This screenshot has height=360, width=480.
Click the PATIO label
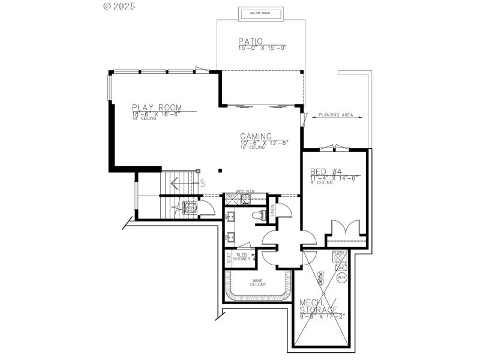click(x=250, y=41)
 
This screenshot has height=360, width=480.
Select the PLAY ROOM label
click(x=157, y=107)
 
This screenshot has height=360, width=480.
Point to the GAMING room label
click(x=256, y=136)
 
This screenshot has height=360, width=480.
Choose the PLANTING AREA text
click(x=335, y=115)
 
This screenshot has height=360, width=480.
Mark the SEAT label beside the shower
click(x=229, y=257)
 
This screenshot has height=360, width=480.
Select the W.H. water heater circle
click(x=342, y=277)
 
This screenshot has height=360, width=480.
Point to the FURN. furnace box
click(x=340, y=254)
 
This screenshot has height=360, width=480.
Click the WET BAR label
click(x=245, y=191)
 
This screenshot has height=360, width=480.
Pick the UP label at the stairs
click(x=203, y=182)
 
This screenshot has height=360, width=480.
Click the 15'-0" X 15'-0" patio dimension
click(x=263, y=47)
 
